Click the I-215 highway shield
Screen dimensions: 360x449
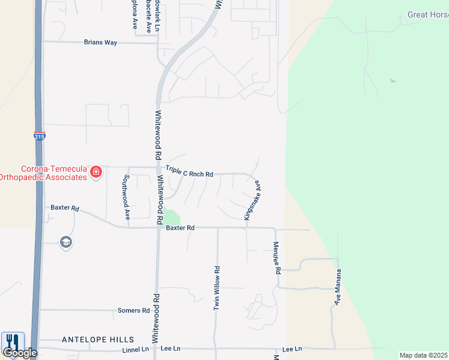39,136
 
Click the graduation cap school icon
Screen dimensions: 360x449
65,242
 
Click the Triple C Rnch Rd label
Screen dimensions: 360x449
190,173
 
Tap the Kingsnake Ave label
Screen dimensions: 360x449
252,200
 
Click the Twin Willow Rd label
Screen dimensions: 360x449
217,289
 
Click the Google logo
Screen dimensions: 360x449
20,353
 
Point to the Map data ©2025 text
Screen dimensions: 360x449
423,355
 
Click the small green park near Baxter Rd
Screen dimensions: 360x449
172,217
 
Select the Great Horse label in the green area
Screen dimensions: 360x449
427,14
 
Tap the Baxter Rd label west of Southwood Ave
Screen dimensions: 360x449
65,208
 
